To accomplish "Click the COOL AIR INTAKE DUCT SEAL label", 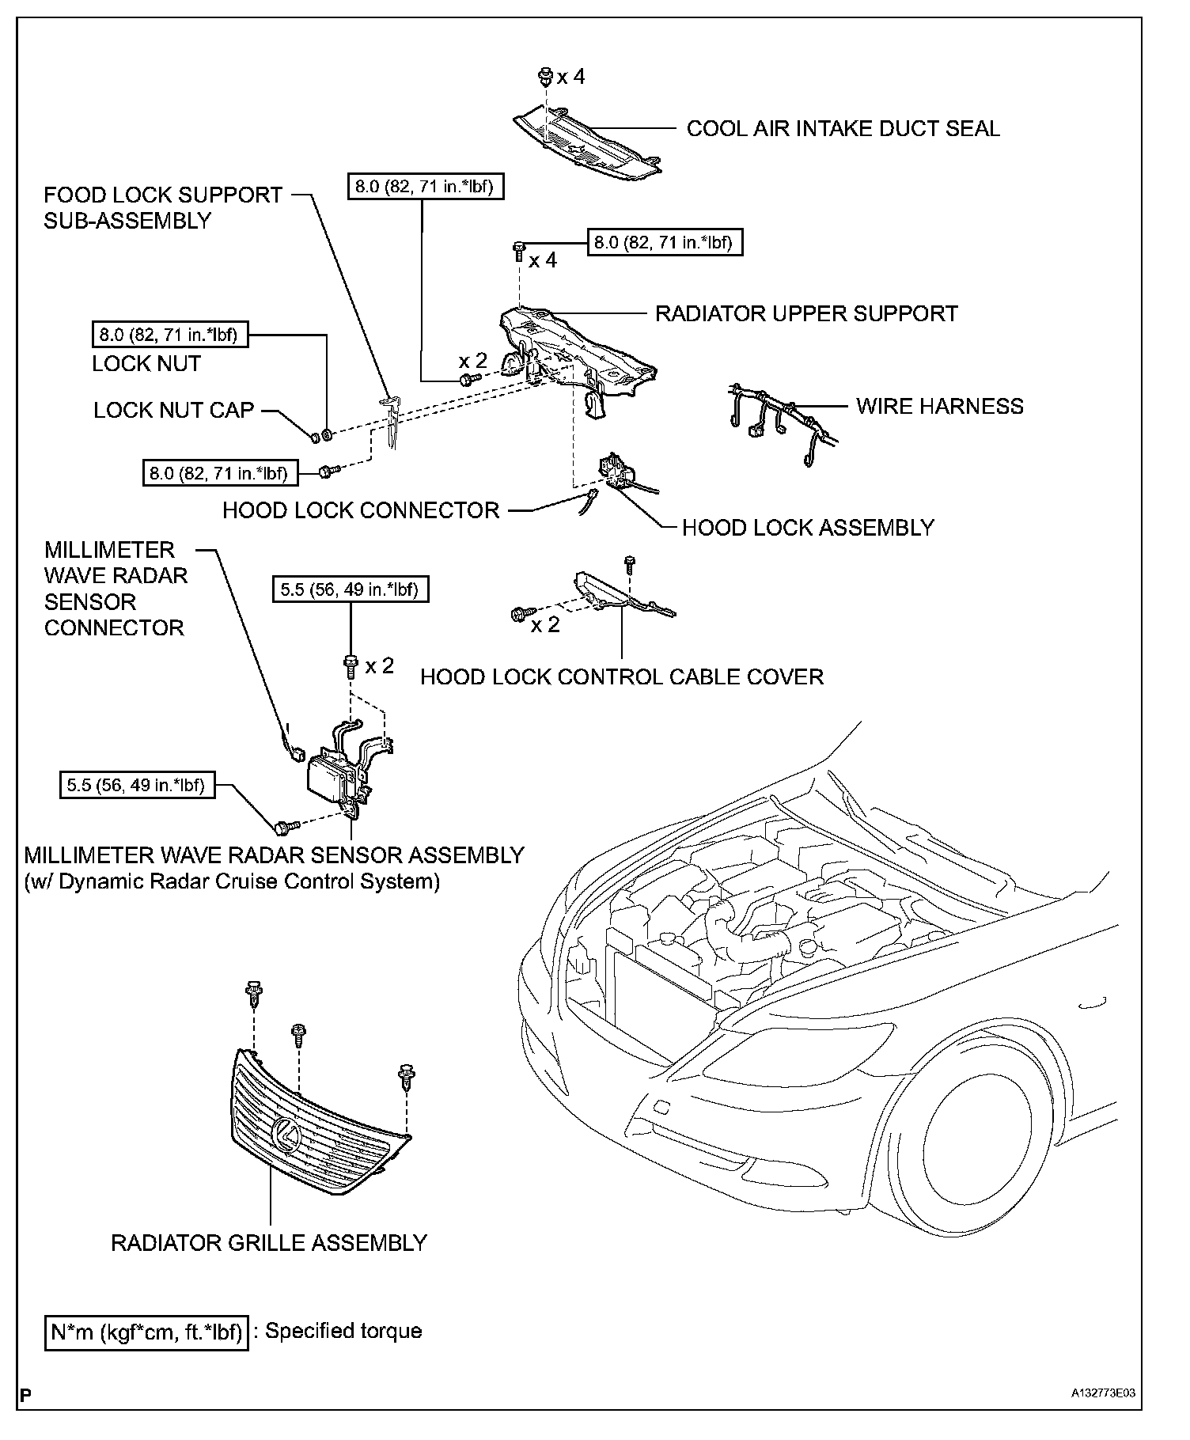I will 843,128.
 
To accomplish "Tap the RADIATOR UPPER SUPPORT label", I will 805,313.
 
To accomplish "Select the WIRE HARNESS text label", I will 939,406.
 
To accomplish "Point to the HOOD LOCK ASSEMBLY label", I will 808,528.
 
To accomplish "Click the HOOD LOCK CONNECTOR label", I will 361,510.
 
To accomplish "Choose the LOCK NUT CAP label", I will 174,410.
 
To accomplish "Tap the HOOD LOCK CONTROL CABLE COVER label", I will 622,676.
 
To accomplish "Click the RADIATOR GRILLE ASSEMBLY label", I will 269,1242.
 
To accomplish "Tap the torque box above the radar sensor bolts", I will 350,589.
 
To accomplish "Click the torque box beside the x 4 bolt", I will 665,242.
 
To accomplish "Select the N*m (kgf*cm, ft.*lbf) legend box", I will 146,1332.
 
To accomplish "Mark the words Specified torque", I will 343,1331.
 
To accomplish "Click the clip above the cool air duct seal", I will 545,77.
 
